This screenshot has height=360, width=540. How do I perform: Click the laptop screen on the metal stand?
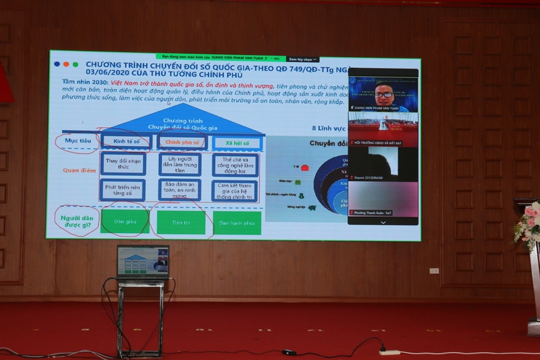click(142, 262)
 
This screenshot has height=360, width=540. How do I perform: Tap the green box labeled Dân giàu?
click(124, 222)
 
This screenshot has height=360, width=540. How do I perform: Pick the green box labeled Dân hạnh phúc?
click(237, 223)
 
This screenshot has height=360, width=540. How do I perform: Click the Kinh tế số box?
click(126, 142)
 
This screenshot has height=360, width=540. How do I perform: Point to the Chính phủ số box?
click(182, 142)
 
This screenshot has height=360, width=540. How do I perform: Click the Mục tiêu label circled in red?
click(77, 141)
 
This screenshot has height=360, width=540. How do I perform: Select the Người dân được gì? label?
click(77, 219)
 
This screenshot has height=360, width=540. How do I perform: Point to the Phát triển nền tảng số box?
click(123, 191)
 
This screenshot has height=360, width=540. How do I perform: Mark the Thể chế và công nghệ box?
click(235, 164)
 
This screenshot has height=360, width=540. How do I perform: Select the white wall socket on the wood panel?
click(433, 270)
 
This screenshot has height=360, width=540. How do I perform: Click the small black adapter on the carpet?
click(290, 352)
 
